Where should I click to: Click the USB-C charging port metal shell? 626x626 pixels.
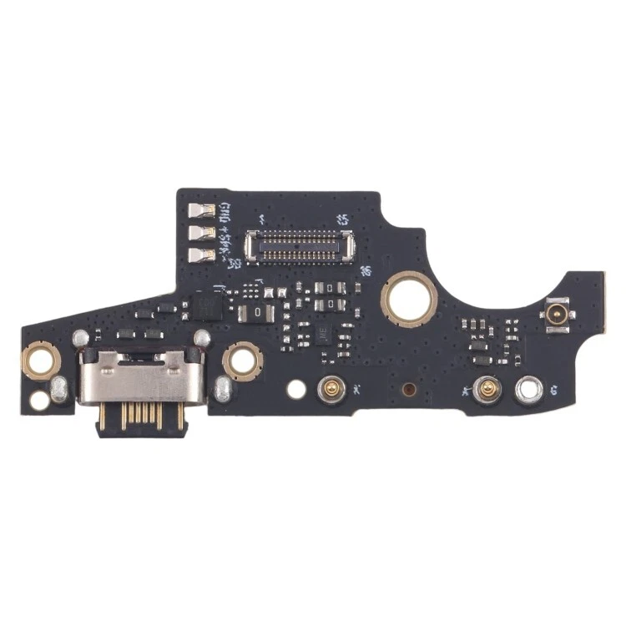[140, 376]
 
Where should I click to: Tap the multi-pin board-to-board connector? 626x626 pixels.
[297, 245]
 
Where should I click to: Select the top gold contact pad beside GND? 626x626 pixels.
[203, 212]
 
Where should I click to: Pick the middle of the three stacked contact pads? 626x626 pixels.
[203, 235]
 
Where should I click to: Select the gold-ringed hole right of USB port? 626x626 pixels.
[243, 361]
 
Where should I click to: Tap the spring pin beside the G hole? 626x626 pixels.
[484, 387]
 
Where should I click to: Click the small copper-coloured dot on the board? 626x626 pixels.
[409, 389]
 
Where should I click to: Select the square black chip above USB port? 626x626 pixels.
[207, 306]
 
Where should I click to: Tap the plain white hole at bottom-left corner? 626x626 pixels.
[39, 400]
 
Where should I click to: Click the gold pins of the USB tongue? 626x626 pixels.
[139, 417]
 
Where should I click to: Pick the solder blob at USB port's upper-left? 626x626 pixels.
[80, 338]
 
